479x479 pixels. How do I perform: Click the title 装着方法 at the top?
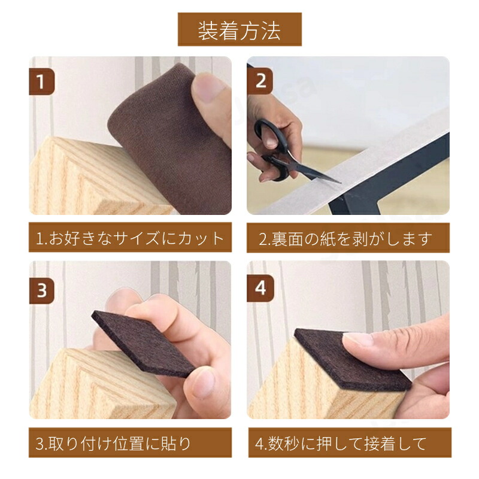point(239,31)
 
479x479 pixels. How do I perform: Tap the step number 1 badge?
point(41,81)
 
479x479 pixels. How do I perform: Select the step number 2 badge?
point(260,81)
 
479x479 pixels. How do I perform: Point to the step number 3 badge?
point(42,290)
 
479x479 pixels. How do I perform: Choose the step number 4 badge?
point(260,289)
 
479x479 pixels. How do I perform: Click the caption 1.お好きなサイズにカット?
point(130,238)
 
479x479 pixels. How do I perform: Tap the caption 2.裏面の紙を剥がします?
point(345,239)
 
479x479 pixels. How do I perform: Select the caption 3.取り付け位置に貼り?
point(113,444)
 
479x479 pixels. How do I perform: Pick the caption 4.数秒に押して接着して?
point(341,444)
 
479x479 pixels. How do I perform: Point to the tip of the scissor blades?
point(340,183)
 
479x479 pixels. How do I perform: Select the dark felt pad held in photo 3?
point(144,344)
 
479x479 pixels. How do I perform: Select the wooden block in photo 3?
point(101,385)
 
